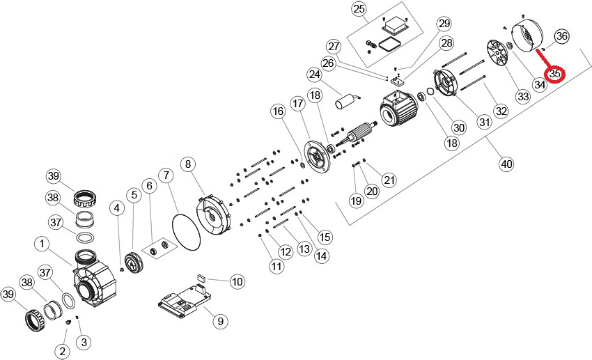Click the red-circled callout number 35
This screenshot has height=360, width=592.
[555, 72]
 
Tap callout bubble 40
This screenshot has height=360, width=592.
[506, 164]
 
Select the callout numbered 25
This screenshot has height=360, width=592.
[359, 9]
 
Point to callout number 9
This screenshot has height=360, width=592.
[219, 321]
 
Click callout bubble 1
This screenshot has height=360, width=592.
[42, 244]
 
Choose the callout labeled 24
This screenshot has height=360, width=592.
[314, 74]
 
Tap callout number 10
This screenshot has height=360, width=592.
[237, 282]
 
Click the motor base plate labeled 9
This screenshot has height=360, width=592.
[182, 300]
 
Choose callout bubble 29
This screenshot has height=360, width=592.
[444, 24]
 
